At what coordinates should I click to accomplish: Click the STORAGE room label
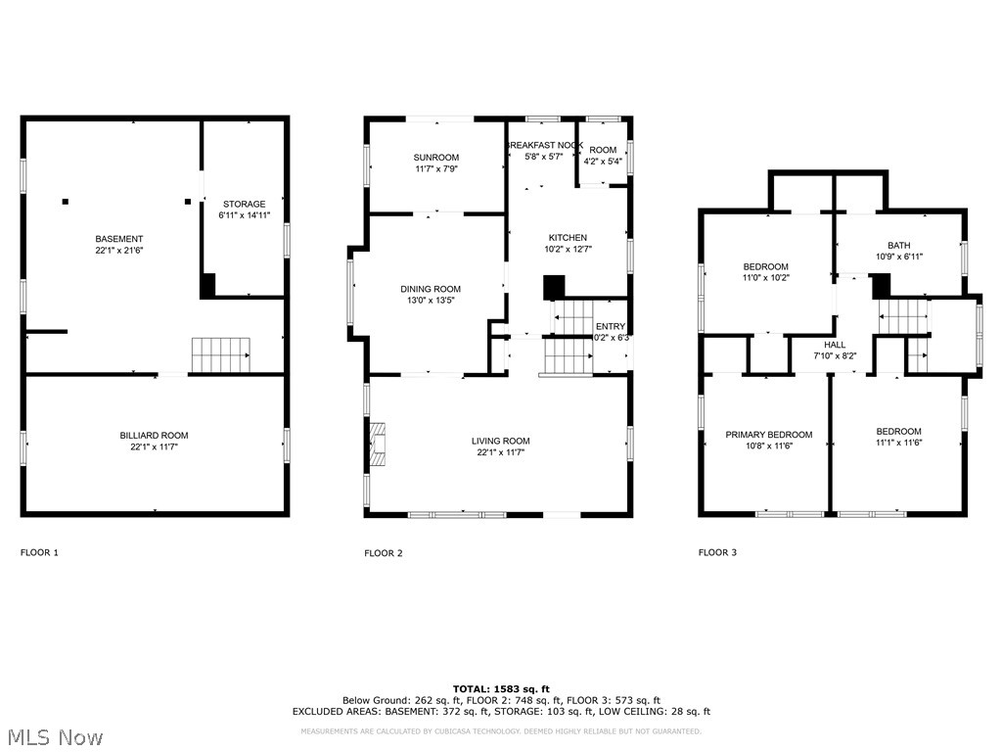pos(243,205)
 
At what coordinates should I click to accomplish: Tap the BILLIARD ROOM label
pos(154,436)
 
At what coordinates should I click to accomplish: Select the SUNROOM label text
pos(436,157)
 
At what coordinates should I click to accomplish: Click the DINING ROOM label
pos(430,289)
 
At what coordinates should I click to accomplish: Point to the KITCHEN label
pos(568,238)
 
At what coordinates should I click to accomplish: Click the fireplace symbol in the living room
pos(379,443)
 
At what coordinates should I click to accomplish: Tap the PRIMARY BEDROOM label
pos(768,435)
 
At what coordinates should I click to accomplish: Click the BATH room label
pos(898,246)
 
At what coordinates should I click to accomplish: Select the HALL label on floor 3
pos(835,345)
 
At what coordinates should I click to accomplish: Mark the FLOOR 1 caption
pos(40,553)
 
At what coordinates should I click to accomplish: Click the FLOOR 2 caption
pos(384,553)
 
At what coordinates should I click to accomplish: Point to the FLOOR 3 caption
pos(717,553)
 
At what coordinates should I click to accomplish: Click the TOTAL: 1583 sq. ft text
pos(501,688)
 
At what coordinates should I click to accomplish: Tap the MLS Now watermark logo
pos(54,736)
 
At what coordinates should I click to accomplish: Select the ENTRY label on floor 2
pos(610,327)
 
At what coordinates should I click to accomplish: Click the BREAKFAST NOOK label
pos(544,145)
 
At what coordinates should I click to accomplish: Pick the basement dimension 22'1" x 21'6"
pos(118,251)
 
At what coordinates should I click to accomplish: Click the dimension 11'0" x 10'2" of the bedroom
pos(765,278)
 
